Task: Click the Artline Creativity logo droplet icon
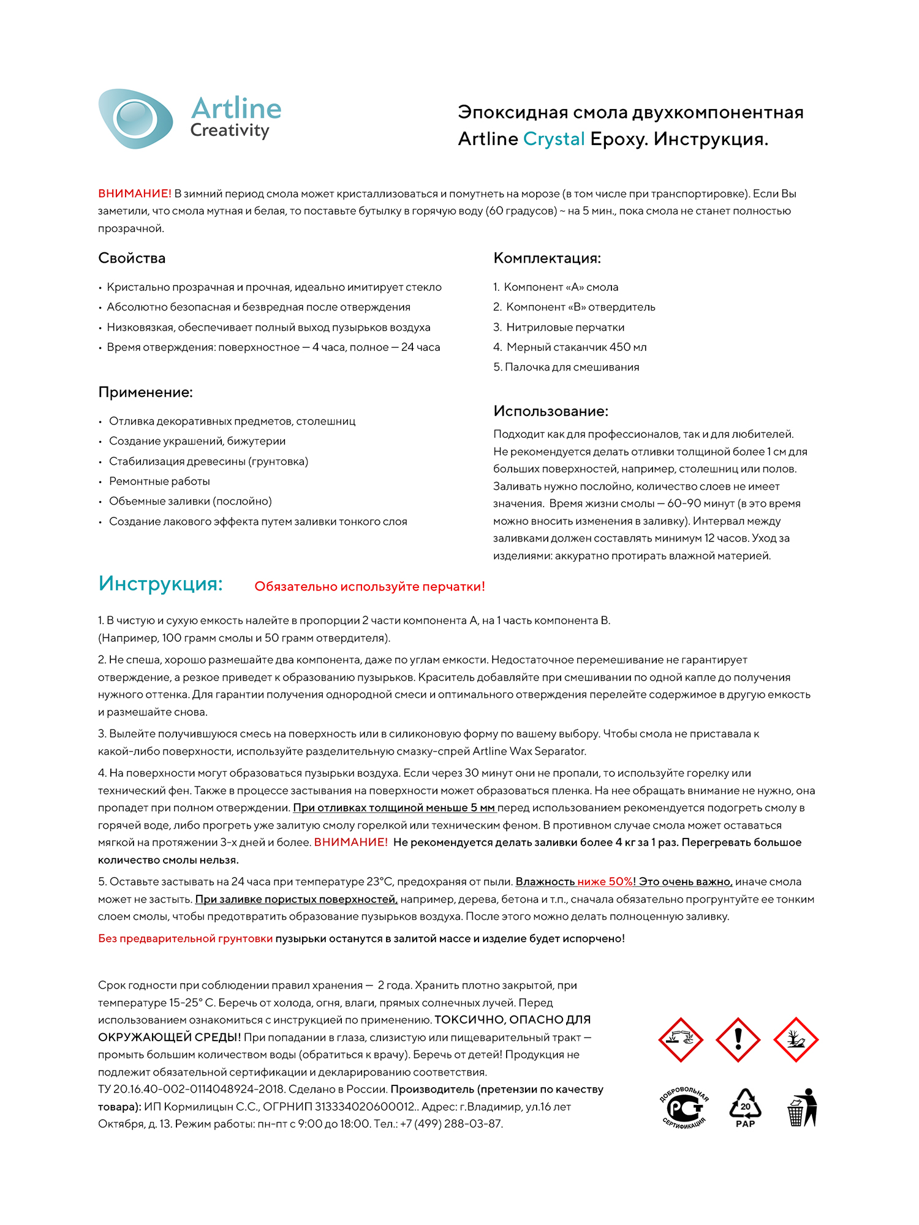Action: click(x=135, y=118)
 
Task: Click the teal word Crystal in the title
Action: click(x=554, y=140)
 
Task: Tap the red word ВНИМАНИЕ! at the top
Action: click(x=134, y=194)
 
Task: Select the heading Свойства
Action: click(x=132, y=258)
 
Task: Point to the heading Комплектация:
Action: click(x=547, y=258)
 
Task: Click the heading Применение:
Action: click(x=145, y=393)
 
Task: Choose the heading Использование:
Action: click(x=551, y=412)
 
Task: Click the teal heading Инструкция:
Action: click(x=161, y=584)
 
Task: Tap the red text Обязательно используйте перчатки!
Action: click(x=369, y=587)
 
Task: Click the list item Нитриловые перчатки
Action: click(x=565, y=328)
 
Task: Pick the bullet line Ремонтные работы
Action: click(x=159, y=481)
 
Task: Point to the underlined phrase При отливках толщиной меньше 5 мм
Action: click(x=394, y=808)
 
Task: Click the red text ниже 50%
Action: click(x=605, y=882)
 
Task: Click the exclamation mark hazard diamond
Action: click(x=738, y=1039)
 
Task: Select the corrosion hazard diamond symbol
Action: click(x=680, y=1039)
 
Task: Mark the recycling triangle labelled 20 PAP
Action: click(x=745, y=1108)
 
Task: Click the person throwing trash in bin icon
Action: click(x=803, y=1107)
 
